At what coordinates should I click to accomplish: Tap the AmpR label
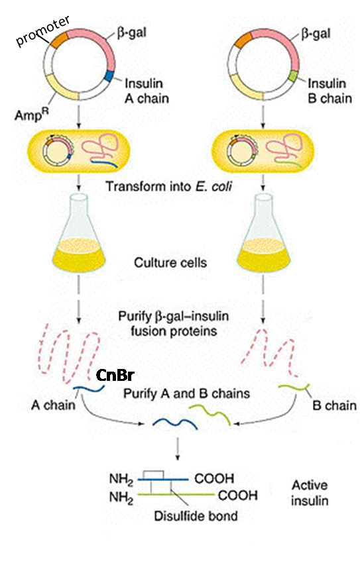(x=29, y=114)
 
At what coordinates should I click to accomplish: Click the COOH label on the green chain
(x=233, y=494)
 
